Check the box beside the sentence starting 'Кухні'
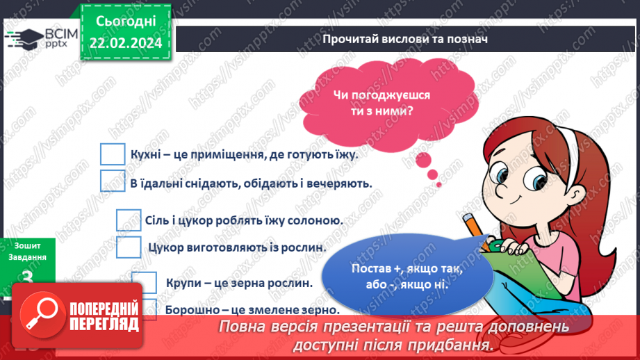[112, 154]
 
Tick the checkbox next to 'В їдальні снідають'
[112, 182]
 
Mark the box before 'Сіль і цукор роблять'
[129, 220]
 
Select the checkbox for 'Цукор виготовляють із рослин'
[129, 247]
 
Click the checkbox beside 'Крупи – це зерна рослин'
[145, 282]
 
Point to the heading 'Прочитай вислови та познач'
[405, 39]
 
